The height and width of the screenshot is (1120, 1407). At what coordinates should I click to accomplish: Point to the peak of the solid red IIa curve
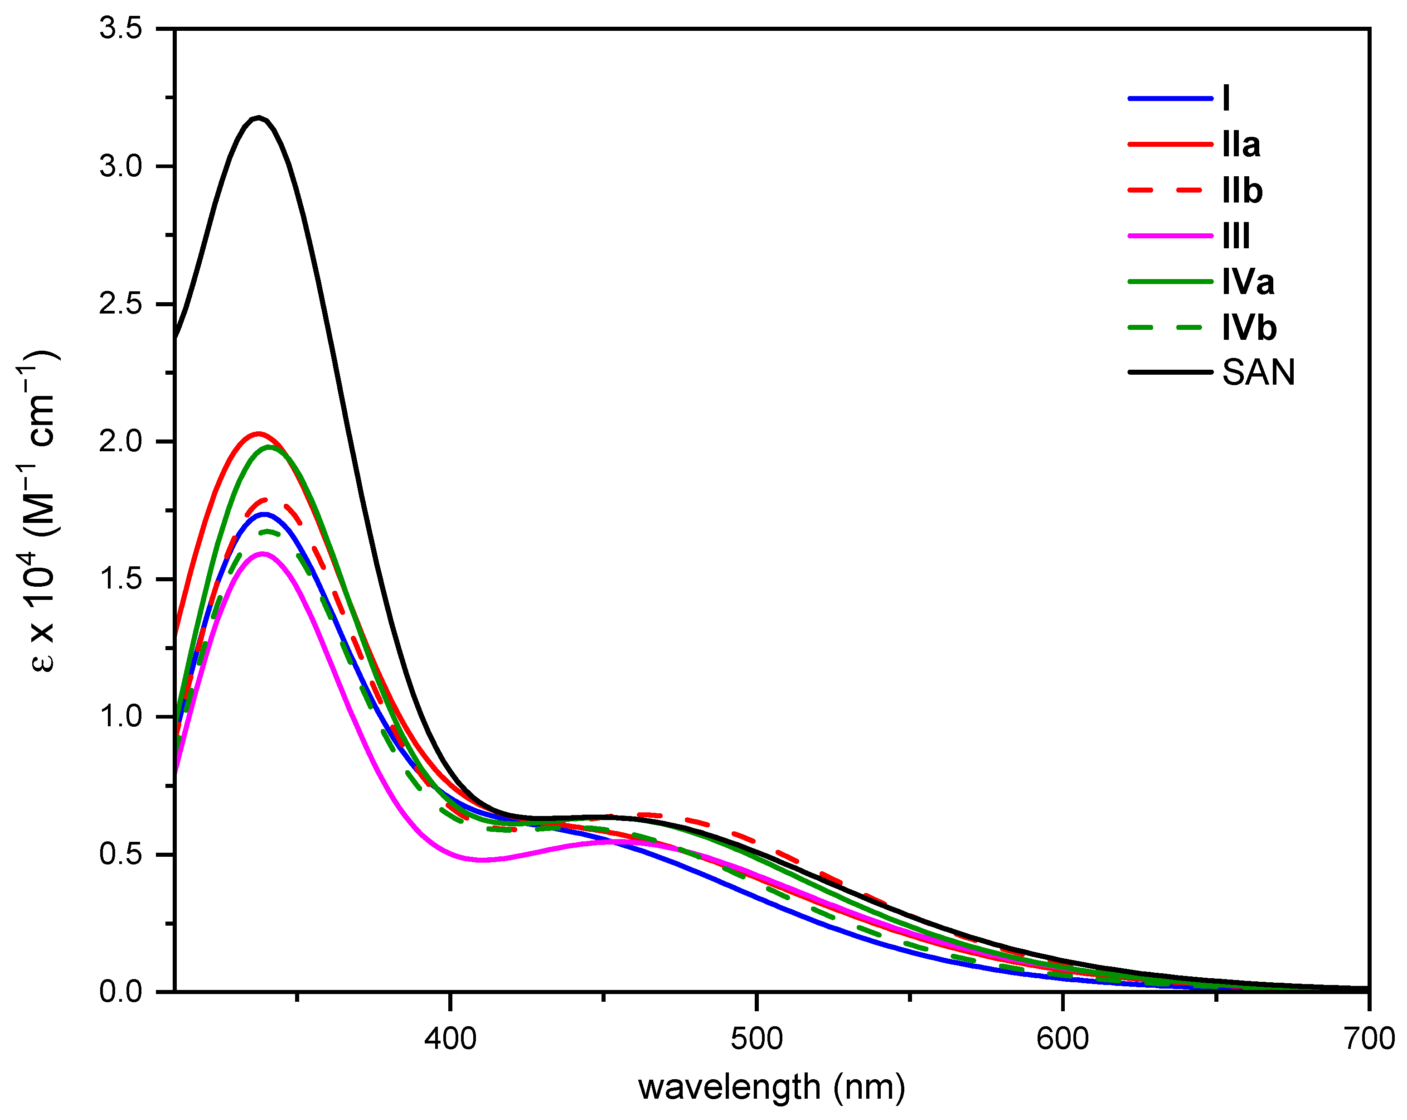point(258,433)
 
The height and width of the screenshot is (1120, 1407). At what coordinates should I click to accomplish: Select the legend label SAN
point(1258,372)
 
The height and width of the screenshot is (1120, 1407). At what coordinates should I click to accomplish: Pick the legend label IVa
point(1248,282)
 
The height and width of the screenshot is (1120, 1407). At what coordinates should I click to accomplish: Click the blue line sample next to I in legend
point(1169,98)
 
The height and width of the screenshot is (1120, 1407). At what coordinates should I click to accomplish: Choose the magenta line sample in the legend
point(1169,236)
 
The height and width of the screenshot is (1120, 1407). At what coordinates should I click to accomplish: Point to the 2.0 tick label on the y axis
point(121,442)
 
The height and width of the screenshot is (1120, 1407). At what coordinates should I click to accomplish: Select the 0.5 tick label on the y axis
point(121,854)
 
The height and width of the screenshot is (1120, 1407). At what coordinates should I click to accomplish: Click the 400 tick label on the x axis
point(450,1038)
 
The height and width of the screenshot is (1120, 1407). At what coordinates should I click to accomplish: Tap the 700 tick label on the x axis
point(1369,1038)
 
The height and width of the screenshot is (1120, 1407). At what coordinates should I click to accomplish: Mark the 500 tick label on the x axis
point(757,1038)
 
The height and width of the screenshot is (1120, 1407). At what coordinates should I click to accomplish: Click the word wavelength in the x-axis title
point(729,1087)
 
